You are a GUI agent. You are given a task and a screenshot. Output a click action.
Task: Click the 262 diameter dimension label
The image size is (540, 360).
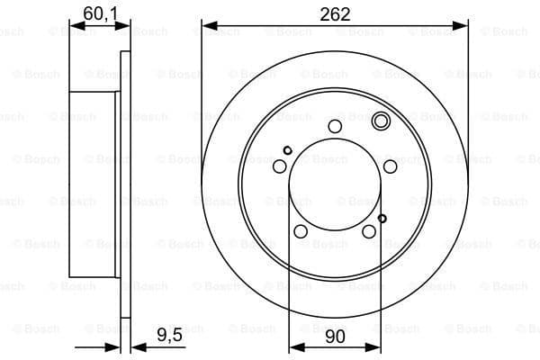tap(335, 13)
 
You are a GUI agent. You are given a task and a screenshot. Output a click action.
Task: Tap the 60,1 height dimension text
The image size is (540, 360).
tap(100, 13)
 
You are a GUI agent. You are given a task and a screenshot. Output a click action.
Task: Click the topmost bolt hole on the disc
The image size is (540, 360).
tap(335, 126)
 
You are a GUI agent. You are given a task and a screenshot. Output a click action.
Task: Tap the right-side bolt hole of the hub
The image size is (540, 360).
tap(390, 166)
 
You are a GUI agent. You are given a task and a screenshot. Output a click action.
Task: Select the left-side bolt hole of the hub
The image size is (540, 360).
tap(280, 166)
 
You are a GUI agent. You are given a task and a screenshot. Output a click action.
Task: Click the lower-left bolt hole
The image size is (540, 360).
tap(301, 232)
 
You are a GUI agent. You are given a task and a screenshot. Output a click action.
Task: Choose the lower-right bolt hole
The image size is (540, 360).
tap(369, 232)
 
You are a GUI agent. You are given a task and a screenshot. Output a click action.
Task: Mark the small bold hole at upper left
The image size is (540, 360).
tap(287, 150)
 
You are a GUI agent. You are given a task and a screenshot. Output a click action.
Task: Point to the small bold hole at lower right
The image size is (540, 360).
tap(382, 218)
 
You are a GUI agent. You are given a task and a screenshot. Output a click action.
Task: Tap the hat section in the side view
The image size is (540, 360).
tap(93, 184)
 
